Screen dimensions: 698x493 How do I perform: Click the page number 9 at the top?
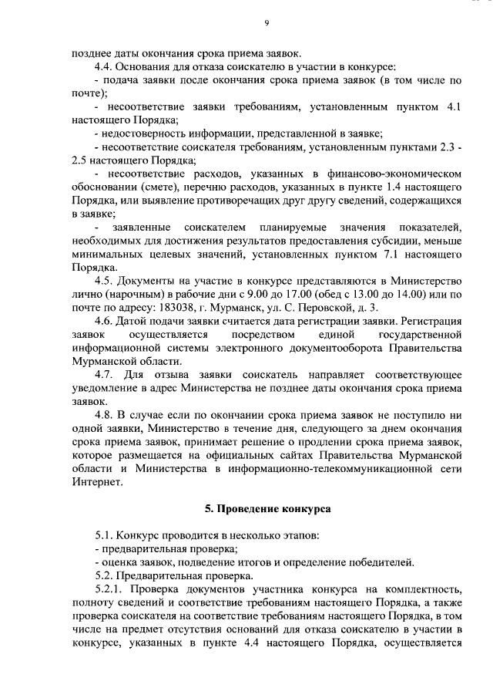[x=266, y=24]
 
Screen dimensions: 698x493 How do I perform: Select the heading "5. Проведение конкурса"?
[x=267, y=510]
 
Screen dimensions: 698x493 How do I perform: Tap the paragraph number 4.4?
[x=104, y=68]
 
